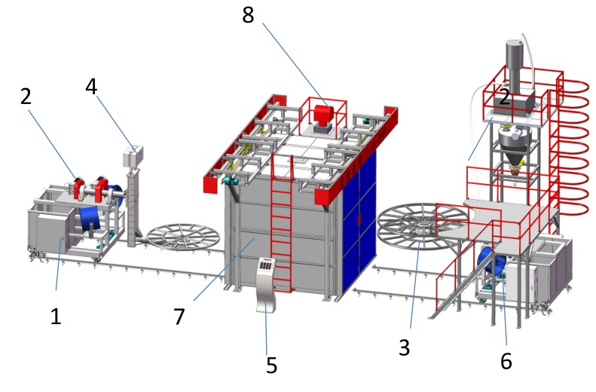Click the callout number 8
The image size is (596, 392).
(248, 16)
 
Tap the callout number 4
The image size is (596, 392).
(91, 86)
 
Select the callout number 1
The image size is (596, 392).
(56, 316)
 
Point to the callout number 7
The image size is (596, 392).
(179, 317)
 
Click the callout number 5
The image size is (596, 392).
(271, 365)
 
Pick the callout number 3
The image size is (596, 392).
(405, 347)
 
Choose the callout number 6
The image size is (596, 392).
(506, 361)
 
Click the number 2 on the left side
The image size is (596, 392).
(26, 96)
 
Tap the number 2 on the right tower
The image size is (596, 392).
(504, 97)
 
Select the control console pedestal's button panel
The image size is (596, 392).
(267, 266)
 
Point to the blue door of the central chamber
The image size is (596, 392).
(359, 221)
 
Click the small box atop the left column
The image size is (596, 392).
(133, 157)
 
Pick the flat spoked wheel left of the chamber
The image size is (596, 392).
(183, 237)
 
